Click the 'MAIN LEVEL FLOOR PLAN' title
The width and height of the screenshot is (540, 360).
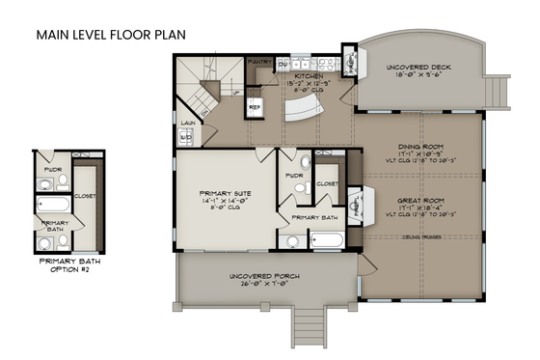pyautogui.click(x=111, y=35)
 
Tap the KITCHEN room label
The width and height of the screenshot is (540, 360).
pyautogui.click(x=308, y=74)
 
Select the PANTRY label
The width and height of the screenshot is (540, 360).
pyautogui.click(x=258, y=62)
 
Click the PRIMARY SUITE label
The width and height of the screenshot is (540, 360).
pyautogui.click(x=224, y=191)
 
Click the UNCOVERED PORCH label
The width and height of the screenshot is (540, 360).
pyautogui.click(x=264, y=277)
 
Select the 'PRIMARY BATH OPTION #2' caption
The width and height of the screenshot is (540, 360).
pyautogui.click(x=70, y=264)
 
